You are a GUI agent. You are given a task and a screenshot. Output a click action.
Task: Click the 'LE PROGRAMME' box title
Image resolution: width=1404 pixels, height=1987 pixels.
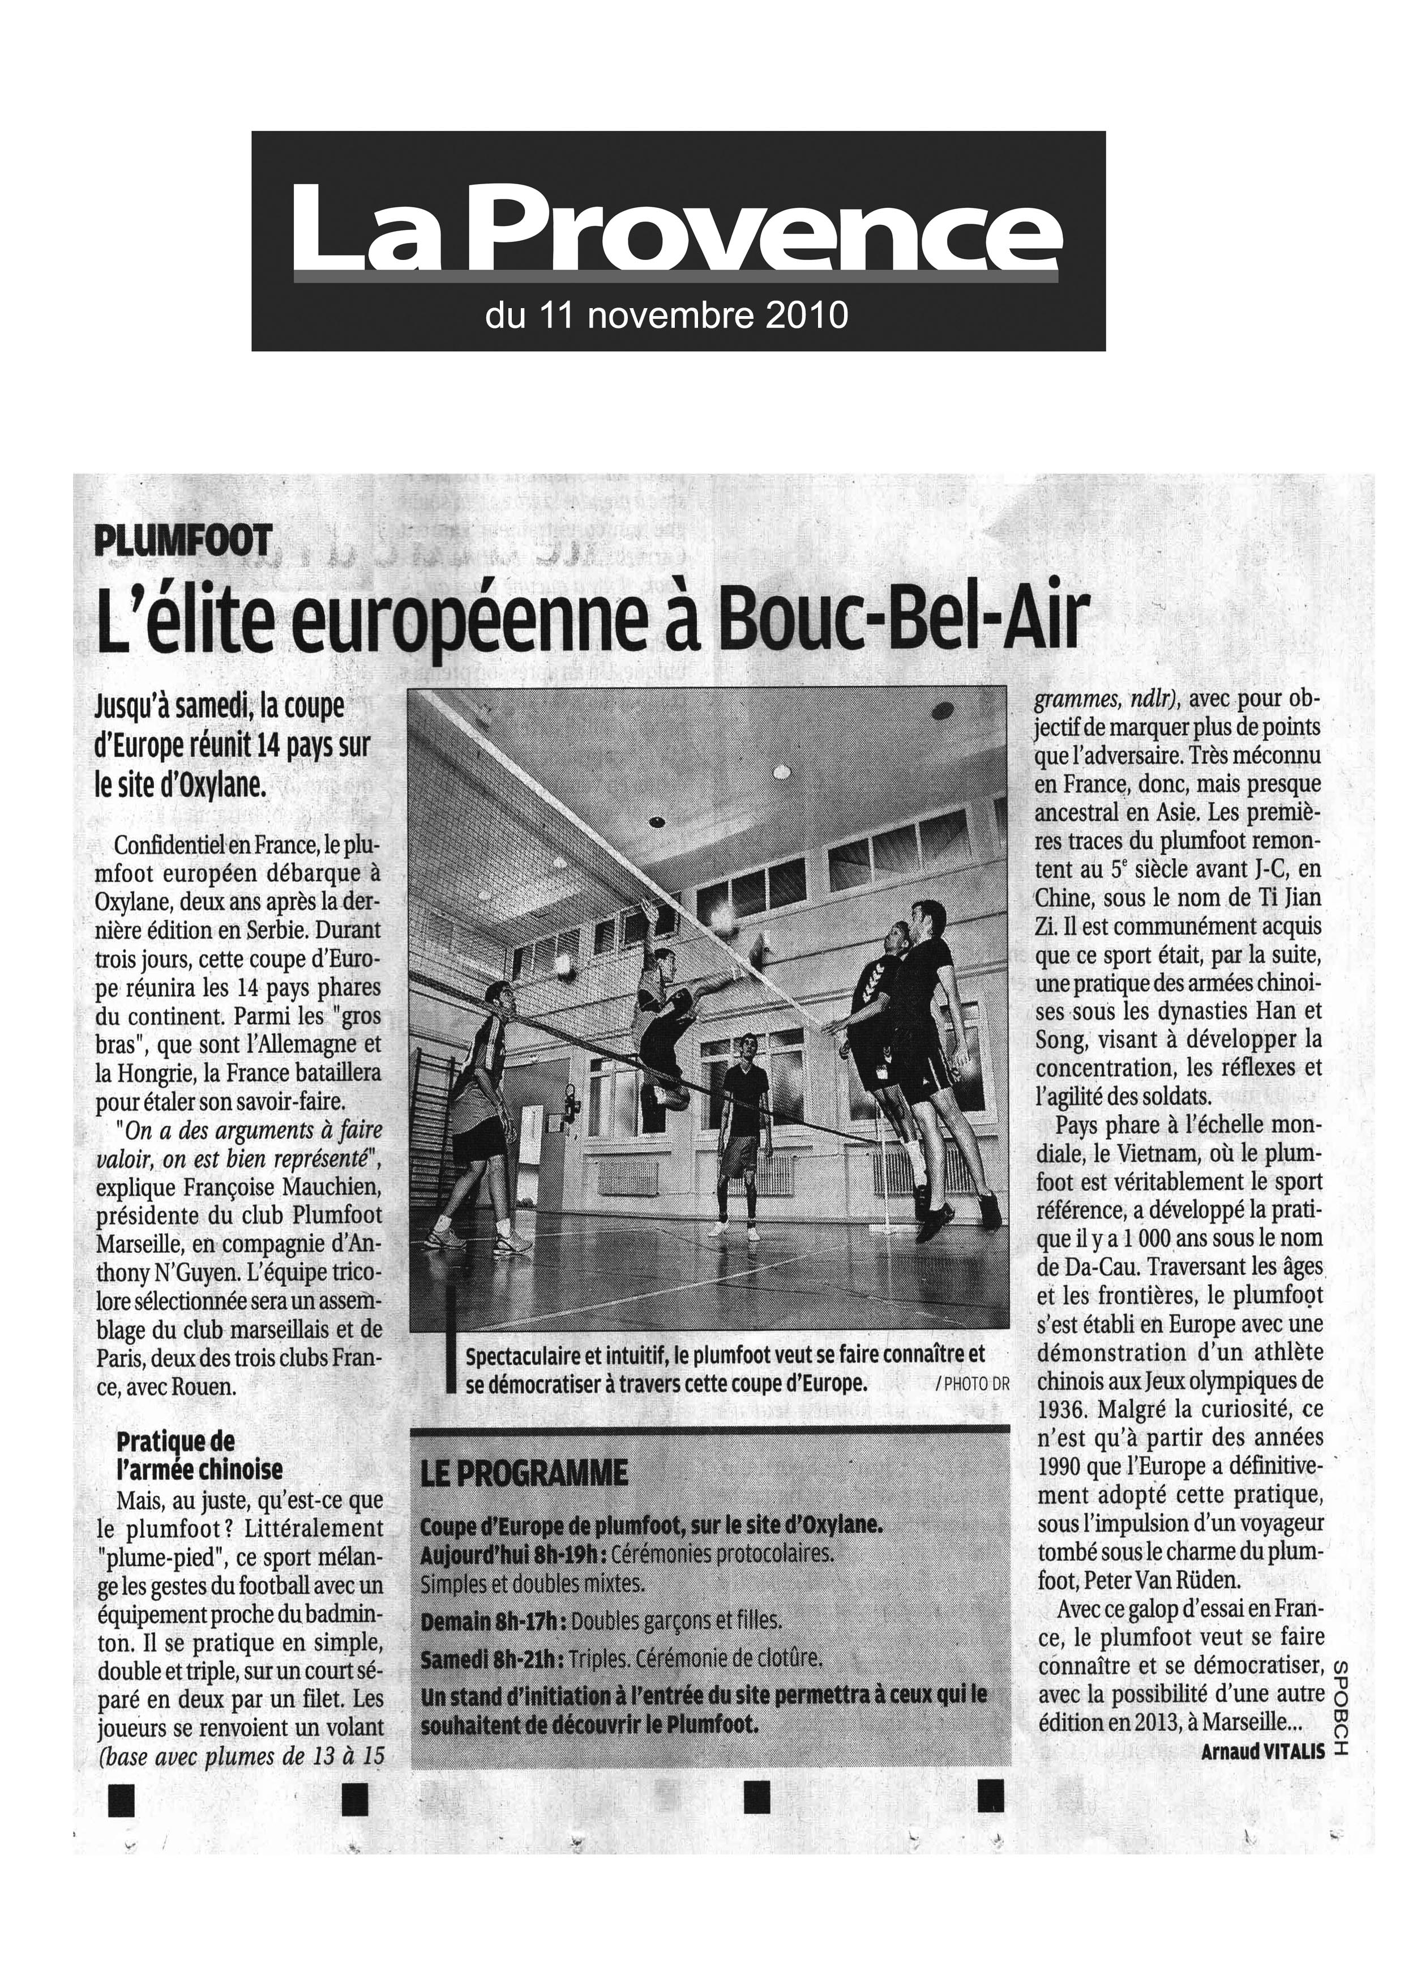coord(523,1473)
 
